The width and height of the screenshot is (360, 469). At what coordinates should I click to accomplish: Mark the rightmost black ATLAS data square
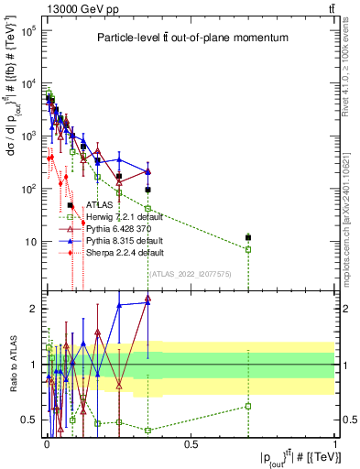coord(247,238)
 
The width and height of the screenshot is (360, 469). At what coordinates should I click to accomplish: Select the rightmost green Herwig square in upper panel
coord(247,249)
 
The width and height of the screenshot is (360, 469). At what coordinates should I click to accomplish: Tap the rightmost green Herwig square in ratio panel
coord(247,406)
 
